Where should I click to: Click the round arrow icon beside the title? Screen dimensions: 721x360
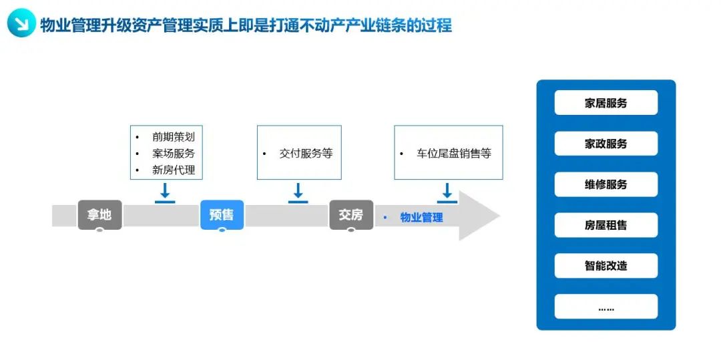click(x=21, y=24)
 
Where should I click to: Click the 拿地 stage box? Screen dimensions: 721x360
click(x=99, y=214)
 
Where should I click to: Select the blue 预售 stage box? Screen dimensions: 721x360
click(x=222, y=214)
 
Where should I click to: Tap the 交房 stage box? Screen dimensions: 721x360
click(x=351, y=214)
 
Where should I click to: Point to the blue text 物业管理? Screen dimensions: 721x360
click(x=422, y=218)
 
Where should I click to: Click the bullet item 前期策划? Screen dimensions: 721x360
click(x=174, y=137)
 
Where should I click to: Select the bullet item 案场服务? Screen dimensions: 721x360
click(x=174, y=154)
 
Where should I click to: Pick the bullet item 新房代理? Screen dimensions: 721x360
click(x=174, y=170)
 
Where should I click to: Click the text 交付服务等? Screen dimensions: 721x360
click(x=306, y=154)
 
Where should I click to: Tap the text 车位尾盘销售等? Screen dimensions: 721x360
click(x=454, y=154)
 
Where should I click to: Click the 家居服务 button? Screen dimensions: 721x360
click(x=606, y=103)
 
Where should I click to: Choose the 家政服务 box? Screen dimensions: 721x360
click(x=606, y=144)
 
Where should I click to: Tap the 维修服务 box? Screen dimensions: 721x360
click(x=606, y=184)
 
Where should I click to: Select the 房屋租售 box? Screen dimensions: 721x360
click(x=606, y=225)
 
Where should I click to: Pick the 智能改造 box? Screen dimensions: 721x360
click(x=606, y=266)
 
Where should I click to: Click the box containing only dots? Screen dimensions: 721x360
click(x=606, y=307)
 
